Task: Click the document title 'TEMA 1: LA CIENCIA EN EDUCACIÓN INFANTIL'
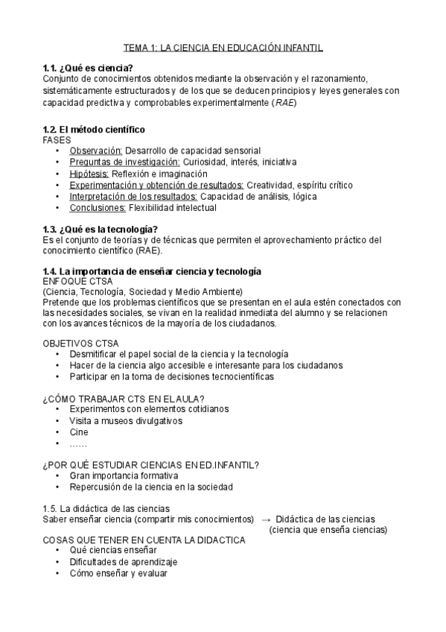click(x=223, y=48)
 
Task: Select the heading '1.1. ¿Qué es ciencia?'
click(x=88, y=69)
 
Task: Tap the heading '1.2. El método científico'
click(x=94, y=129)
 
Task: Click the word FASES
click(x=57, y=139)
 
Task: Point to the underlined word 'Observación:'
click(x=96, y=150)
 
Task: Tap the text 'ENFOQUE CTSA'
click(x=77, y=281)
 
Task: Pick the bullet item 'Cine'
click(x=78, y=432)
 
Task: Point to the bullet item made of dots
click(x=77, y=444)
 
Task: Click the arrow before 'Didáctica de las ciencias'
click(x=266, y=519)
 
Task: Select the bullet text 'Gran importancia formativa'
click(x=124, y=475)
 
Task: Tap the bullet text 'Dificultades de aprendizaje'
click(x=124, y=562)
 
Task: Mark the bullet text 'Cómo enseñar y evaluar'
click(x=118, y=574)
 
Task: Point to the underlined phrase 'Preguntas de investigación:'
click(x=124, y=162)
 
